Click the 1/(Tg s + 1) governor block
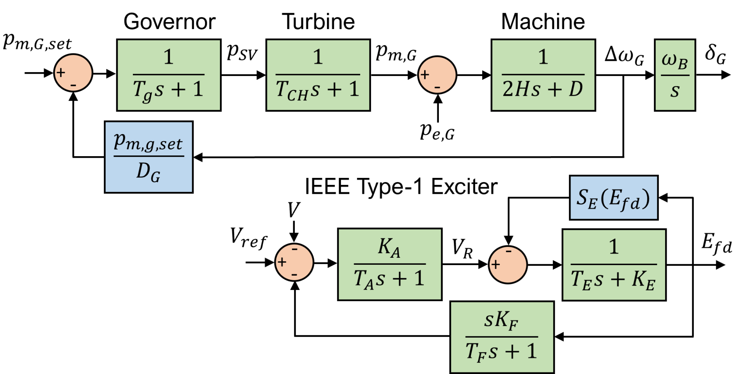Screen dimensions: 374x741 click(168, 75)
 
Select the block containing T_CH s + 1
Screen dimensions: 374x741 click(318, 75)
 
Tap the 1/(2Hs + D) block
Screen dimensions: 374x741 click(543, 75)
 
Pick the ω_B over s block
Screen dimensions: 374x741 click(675, 75)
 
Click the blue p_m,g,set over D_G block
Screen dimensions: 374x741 click(148, 157)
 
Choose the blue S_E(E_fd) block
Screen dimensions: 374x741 click(614, 198)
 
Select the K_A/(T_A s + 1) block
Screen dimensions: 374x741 click(390, 264)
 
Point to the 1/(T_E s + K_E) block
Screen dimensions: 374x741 click(614, 265)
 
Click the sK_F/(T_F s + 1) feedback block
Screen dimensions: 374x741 click(502, 337)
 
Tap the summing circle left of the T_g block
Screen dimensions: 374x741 click(73, 73)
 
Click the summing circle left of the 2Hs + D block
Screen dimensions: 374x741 click(437, 75)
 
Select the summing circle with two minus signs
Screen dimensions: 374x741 click(294, 262)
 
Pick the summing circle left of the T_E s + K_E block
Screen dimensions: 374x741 click(508, 265)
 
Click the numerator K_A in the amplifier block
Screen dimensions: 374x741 click(389, 247)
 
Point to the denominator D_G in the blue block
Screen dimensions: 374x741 click(148, 172)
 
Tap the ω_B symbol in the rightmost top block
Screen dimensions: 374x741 click(675, 61)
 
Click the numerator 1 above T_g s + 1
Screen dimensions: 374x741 click(168, 57)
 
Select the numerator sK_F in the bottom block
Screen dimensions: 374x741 click(501, 321)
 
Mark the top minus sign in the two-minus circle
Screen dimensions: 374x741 click(294, 249)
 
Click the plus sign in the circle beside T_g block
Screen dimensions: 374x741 click(61, 72)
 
